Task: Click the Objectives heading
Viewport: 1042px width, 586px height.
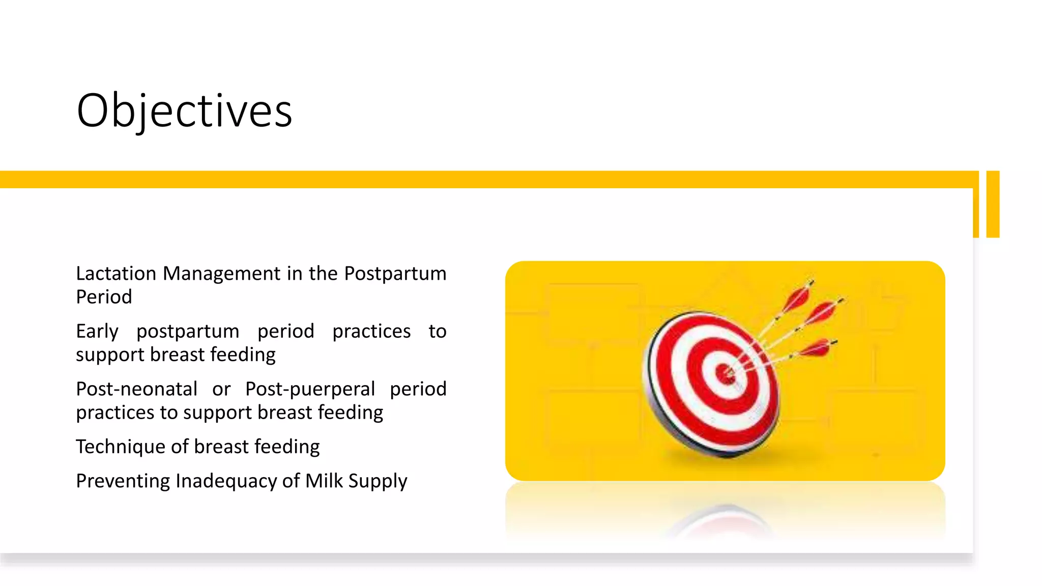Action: click(184, 111)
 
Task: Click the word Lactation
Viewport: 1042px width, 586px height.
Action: click(116, 274)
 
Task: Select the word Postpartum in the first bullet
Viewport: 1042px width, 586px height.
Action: click(395, 274)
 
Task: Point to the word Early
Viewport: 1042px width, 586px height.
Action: click(97, 331)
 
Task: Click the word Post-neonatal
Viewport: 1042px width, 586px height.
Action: click(136, 389)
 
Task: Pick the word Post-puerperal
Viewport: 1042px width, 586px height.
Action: click(310, 389)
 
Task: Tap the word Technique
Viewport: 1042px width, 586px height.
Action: click(121, 447)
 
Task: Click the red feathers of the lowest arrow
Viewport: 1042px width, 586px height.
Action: click(816, 349)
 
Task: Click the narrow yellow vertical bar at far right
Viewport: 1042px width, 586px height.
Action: click(993, 204)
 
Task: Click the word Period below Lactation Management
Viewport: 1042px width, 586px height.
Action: click(104, 297)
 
